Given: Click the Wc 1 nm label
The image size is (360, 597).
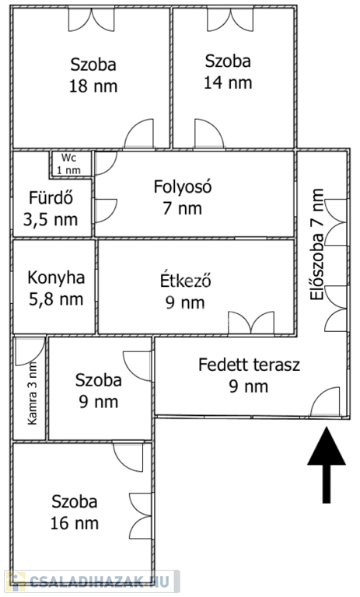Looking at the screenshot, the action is coord(69,164).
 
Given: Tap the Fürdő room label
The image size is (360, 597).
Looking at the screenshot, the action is coord(51,198).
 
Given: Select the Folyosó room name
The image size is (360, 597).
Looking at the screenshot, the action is coord(183,187).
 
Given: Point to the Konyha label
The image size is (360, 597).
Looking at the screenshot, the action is coord(56,278).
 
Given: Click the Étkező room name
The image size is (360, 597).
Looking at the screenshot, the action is coord(186,281).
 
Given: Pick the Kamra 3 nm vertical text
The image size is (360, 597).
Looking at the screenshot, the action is coord(33,393).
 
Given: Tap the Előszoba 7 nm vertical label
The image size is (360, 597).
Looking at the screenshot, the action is coord(317,244).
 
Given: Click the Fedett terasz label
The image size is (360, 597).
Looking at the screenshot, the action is coord(249,365).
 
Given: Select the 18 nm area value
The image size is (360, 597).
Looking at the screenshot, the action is coord(93,86).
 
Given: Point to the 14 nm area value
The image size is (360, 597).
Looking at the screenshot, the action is coord(228,83).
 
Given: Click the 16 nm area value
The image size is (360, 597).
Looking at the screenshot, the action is coord(75,523).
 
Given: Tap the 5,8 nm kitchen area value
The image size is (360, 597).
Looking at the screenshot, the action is coord(56,299).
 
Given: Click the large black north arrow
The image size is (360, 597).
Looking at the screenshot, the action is coord(327,466).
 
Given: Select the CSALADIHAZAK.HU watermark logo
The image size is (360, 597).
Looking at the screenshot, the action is coord(92,581).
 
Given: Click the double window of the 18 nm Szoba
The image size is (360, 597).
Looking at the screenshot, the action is coord(92,19).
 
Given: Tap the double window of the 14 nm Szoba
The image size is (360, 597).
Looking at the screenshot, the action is coord(230,19).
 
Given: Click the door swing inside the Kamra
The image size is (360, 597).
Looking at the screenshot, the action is coord(30,351).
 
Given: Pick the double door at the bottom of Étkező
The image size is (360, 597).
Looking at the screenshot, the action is coord(251,323).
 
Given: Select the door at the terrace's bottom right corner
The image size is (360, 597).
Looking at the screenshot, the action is coord(325,401).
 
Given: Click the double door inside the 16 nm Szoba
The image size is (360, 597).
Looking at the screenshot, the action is coord(140,516).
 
